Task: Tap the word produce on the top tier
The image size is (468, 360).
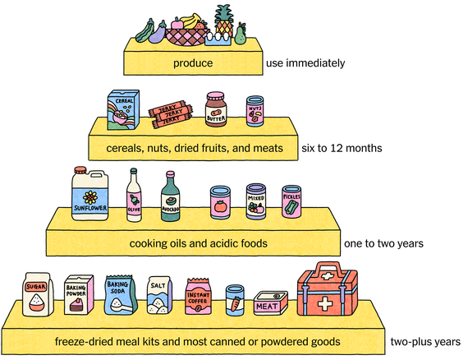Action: pyautogui.click(x=194, y=62)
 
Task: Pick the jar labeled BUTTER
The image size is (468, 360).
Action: pyautogui.click(x=215, y=112)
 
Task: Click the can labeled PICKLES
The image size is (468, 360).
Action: pyautogui.click(x=291, y=202)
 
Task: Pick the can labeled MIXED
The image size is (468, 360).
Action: pyautogui.click(x=256, y=202)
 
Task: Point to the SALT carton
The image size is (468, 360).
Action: pyautogui.click(x=158, y=295)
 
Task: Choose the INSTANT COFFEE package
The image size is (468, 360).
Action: pyautogui.click(x=199, y=297)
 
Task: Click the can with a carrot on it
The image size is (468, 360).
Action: pyautogui.click(x=235, y=301)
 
